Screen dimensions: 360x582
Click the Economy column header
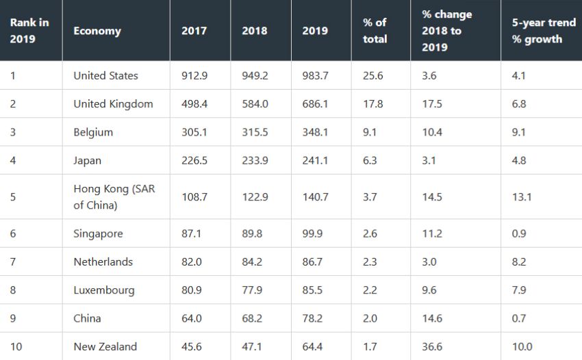point(97,31)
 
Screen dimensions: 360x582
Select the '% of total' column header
point(375,31)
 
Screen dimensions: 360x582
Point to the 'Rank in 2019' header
point(29,31)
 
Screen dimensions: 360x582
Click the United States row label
point(105,76)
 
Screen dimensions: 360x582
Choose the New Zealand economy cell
point(105,346)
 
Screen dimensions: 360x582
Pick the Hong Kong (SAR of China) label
point(114,196)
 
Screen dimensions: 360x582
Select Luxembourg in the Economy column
point(103,290)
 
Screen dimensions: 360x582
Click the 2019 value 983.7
point(315,76)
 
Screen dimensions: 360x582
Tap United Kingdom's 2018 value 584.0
point(255,104)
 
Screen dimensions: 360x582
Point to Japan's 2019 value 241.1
point(315,161)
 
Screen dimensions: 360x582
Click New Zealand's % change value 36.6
point(432,346)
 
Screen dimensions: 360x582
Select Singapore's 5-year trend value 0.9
point(519,233)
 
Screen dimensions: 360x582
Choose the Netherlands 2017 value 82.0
point(192,262)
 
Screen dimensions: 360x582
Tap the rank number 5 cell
point(13,197)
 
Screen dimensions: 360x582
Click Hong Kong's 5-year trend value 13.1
point(522,197)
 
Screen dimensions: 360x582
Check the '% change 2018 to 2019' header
point(446,31)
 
